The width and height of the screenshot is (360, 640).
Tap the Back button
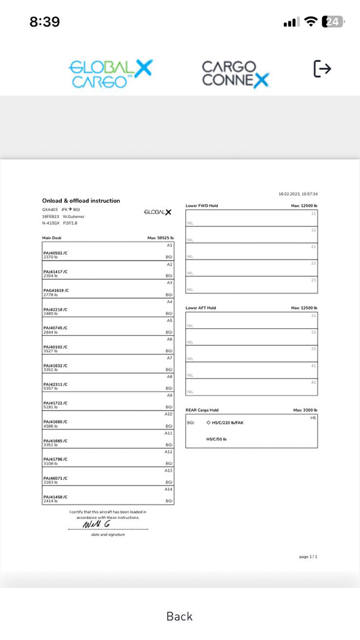point(179,616)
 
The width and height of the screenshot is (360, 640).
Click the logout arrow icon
point(322,68)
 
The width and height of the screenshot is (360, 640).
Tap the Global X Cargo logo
point(111,74)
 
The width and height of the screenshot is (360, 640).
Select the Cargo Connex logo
point(235,74)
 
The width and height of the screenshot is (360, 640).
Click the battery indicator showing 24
point(333,22)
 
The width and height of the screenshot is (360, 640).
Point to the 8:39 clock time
point(45,22)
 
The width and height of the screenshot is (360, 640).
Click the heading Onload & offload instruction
point(81,201)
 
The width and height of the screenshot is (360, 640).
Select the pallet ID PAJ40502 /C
point(55,253)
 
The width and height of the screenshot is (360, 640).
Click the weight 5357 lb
point(51,388)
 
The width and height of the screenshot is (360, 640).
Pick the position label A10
point(168,414)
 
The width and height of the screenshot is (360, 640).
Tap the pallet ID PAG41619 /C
point(56,290)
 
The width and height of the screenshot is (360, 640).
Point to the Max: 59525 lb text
point(160,238)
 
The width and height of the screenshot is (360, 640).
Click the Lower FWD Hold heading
point(202,206)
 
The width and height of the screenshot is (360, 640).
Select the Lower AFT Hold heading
point(201,308)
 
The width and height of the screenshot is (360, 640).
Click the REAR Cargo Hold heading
point(202,410)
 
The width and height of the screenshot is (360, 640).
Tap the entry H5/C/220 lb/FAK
point(228,423)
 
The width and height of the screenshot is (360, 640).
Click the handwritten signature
point(96,524)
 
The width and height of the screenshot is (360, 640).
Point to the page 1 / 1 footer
point(308,557)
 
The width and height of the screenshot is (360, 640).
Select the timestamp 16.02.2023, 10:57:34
point(298,194)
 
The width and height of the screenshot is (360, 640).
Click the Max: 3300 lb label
point(305,410)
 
